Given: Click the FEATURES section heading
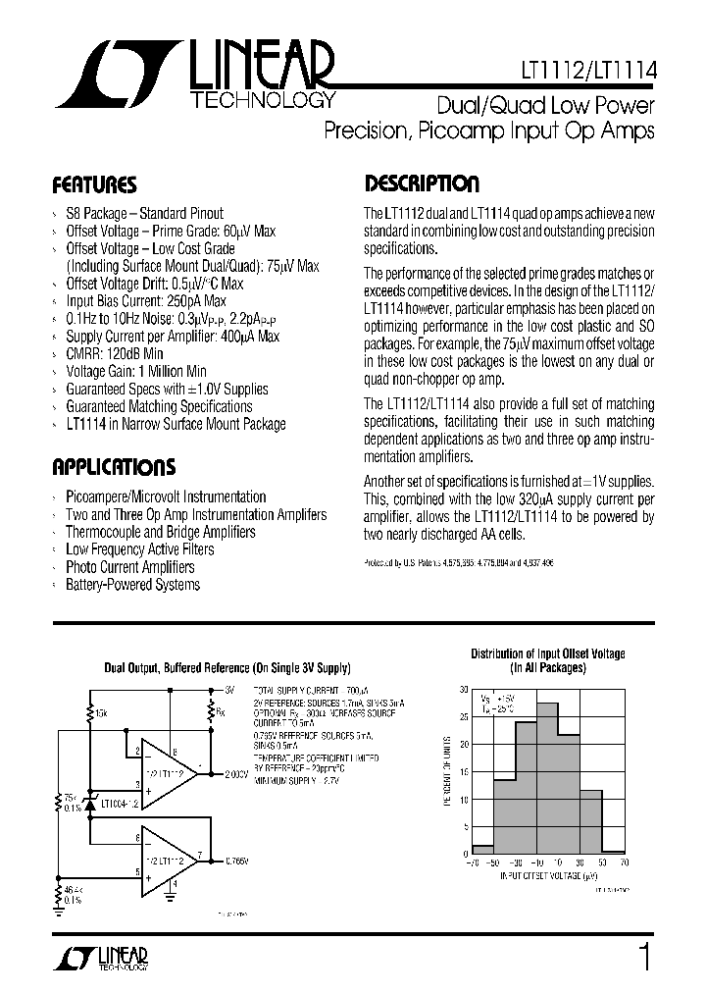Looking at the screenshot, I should tap(94, 185).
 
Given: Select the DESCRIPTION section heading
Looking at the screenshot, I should tap(422, 184).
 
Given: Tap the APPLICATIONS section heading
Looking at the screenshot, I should tap(114, 467).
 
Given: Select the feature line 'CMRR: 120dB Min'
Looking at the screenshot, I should tap(114, 353).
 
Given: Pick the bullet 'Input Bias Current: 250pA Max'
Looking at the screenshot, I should tap(145, 301).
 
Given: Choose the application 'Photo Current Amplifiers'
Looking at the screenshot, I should tap(129, 567).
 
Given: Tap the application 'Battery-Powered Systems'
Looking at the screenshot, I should tap(132, 585).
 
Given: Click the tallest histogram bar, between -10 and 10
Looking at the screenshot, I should tap(548, 777).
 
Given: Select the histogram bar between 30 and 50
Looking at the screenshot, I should tap(591, 820).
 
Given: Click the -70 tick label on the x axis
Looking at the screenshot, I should tap(473, 862).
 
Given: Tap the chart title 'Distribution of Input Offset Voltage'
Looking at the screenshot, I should tap(547, 653).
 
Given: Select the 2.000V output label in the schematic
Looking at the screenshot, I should tap(236, 774).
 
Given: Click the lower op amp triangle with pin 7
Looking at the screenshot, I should tap(168, 861).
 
